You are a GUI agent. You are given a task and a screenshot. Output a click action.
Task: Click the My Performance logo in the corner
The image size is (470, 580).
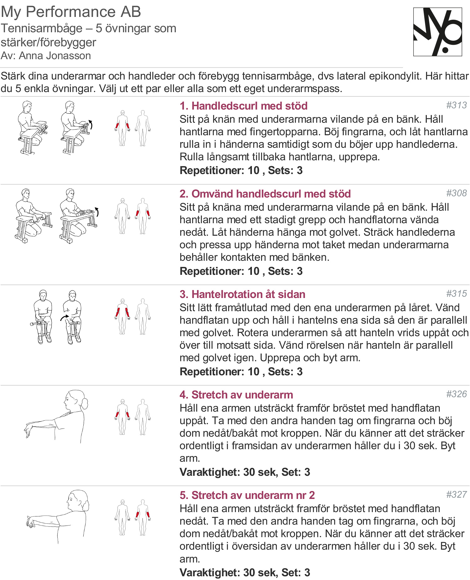tap(437, 32)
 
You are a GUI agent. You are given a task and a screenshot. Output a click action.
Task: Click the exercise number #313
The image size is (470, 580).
tap(456, 105)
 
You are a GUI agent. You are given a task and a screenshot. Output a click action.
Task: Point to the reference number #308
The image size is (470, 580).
tap(456, 193)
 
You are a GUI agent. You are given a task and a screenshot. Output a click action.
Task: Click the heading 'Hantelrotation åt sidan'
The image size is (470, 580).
tap(242, 294)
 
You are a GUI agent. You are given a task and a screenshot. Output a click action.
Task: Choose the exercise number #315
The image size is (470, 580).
tap(456, 294)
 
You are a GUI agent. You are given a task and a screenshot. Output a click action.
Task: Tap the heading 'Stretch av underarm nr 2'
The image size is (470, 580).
tap(247, 495)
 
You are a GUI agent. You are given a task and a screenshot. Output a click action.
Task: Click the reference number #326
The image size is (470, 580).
tap(456, 394)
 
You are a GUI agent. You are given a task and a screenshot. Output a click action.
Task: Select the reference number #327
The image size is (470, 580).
tap(456, 495)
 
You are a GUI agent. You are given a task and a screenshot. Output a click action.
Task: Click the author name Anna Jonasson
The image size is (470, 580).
tap(55, 56)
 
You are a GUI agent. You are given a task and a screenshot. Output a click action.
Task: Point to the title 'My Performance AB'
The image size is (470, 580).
tap(71, 12)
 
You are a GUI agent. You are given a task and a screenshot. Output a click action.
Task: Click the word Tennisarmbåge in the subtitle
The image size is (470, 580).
tap(41, 28)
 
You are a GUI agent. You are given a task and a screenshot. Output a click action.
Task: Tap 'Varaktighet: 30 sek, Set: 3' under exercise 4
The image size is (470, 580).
tap(245, 472)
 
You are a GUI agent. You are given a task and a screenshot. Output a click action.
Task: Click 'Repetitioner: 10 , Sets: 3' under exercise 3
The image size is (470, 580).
tap(241, 372)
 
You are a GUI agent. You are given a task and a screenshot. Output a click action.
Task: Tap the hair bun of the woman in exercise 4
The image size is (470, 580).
tap(85, 404)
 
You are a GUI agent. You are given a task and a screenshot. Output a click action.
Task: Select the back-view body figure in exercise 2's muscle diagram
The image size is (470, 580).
tap(143, 216)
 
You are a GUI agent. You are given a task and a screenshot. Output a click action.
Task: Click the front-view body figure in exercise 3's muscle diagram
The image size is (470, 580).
tap(123, 316)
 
